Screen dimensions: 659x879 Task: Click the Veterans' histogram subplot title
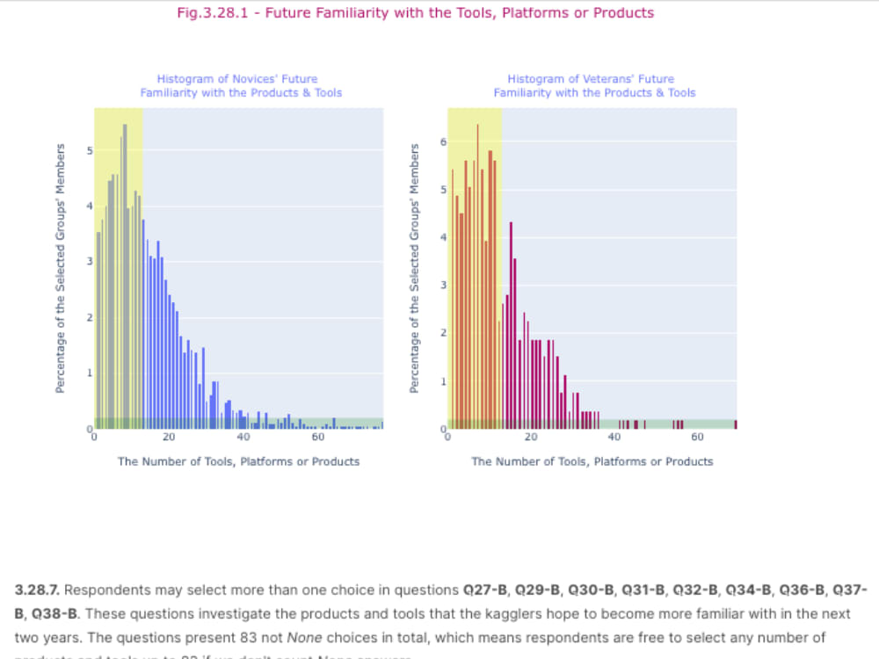[593, 85]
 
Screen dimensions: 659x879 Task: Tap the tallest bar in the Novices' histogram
[125, 276]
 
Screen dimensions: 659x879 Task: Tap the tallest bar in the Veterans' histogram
[478, 276]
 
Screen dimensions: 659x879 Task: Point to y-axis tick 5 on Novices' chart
[88, 151]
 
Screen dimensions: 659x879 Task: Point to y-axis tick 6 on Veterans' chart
[444, 141]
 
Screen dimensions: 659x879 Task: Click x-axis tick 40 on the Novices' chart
[243, 438]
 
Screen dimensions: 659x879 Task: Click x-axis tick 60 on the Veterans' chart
[697, 438]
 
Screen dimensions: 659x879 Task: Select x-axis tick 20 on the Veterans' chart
[531, 438]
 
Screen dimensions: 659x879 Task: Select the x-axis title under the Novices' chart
[238, 461]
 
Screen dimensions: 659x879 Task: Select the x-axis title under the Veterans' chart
[592, 461]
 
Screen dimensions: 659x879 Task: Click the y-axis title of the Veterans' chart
[415, 268]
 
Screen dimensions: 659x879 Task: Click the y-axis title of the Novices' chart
[61, 268]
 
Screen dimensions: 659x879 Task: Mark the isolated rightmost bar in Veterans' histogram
[736, 424]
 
